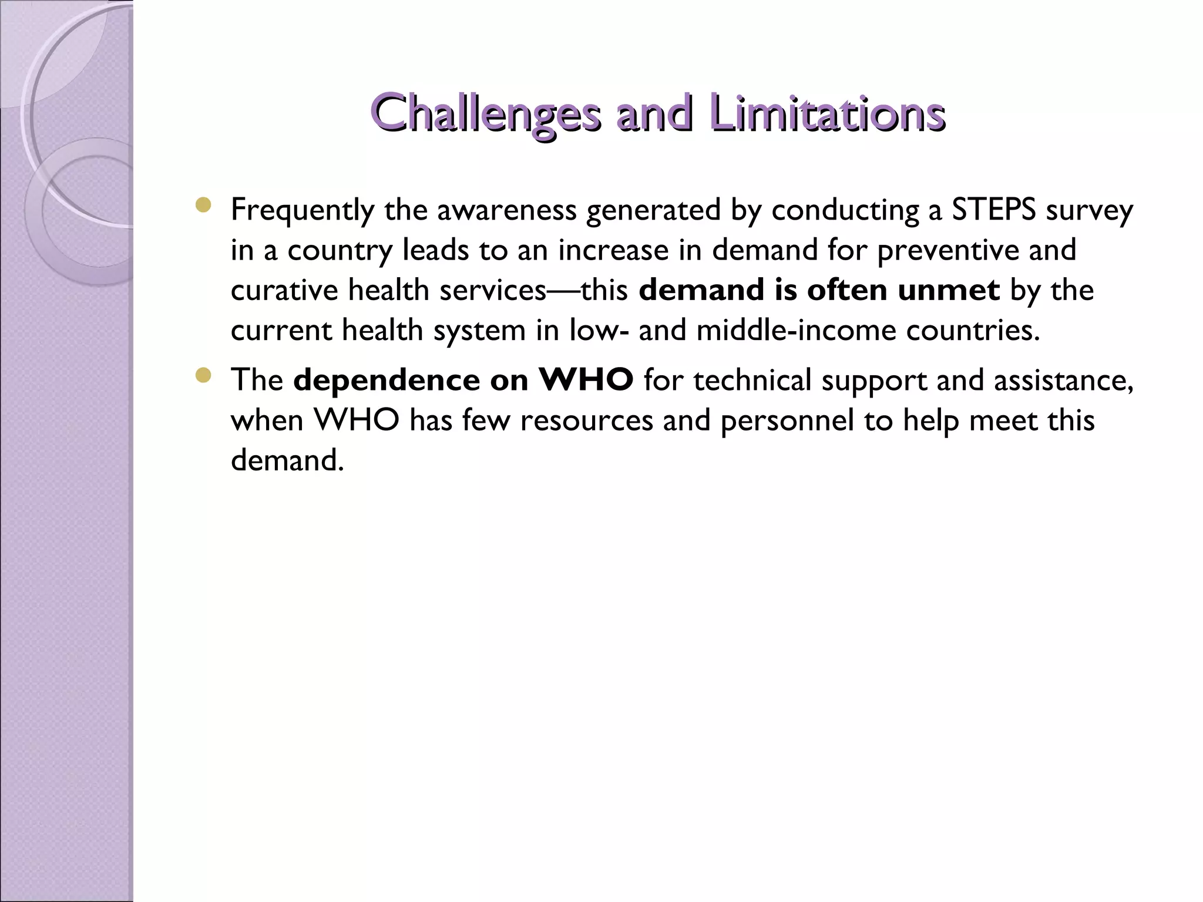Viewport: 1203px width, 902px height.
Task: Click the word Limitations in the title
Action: click(827, 113)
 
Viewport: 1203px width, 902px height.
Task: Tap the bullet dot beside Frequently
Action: click(203, 205)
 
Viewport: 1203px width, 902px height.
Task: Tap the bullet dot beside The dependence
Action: click(203, 375)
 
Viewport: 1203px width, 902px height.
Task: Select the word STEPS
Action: click(993, 210)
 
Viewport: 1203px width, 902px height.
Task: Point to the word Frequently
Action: click(303, 210)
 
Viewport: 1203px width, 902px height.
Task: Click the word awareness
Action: click(506, 210)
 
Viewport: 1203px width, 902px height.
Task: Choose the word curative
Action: click(284, 290)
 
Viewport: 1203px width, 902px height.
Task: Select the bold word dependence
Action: click(387, 380)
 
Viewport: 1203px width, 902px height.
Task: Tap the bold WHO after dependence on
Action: click(586, 380)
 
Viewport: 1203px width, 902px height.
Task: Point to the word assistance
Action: click(1063, 380)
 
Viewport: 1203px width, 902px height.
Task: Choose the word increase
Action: click(613, 250)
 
